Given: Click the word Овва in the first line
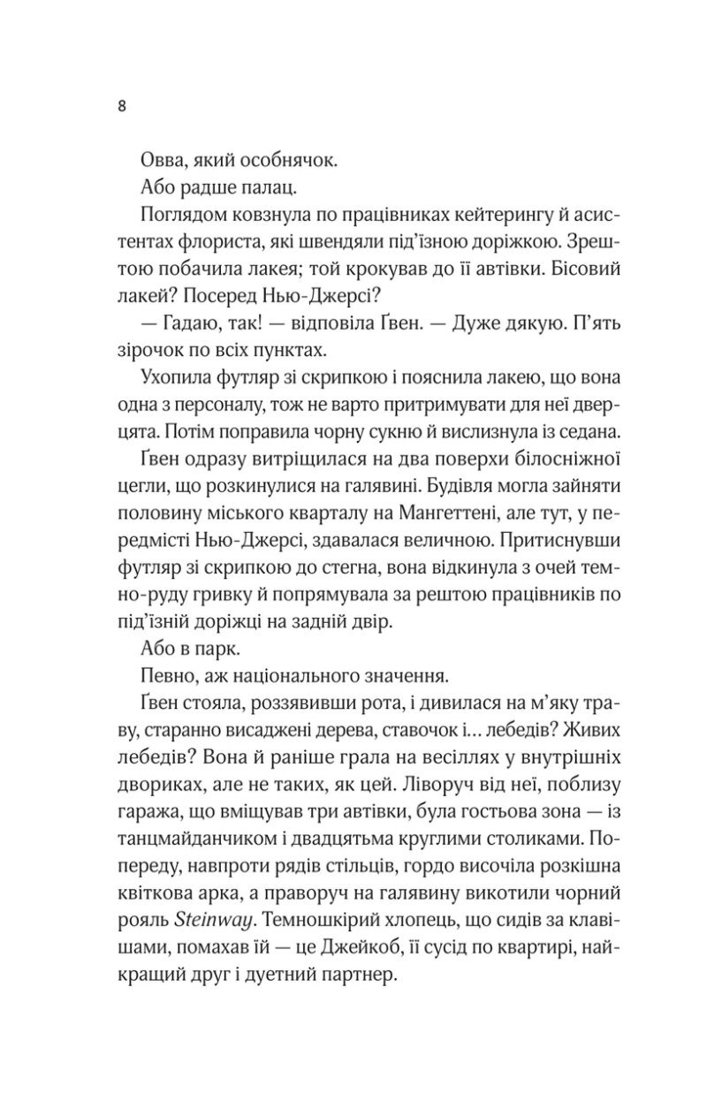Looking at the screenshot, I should tap(166, 163).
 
